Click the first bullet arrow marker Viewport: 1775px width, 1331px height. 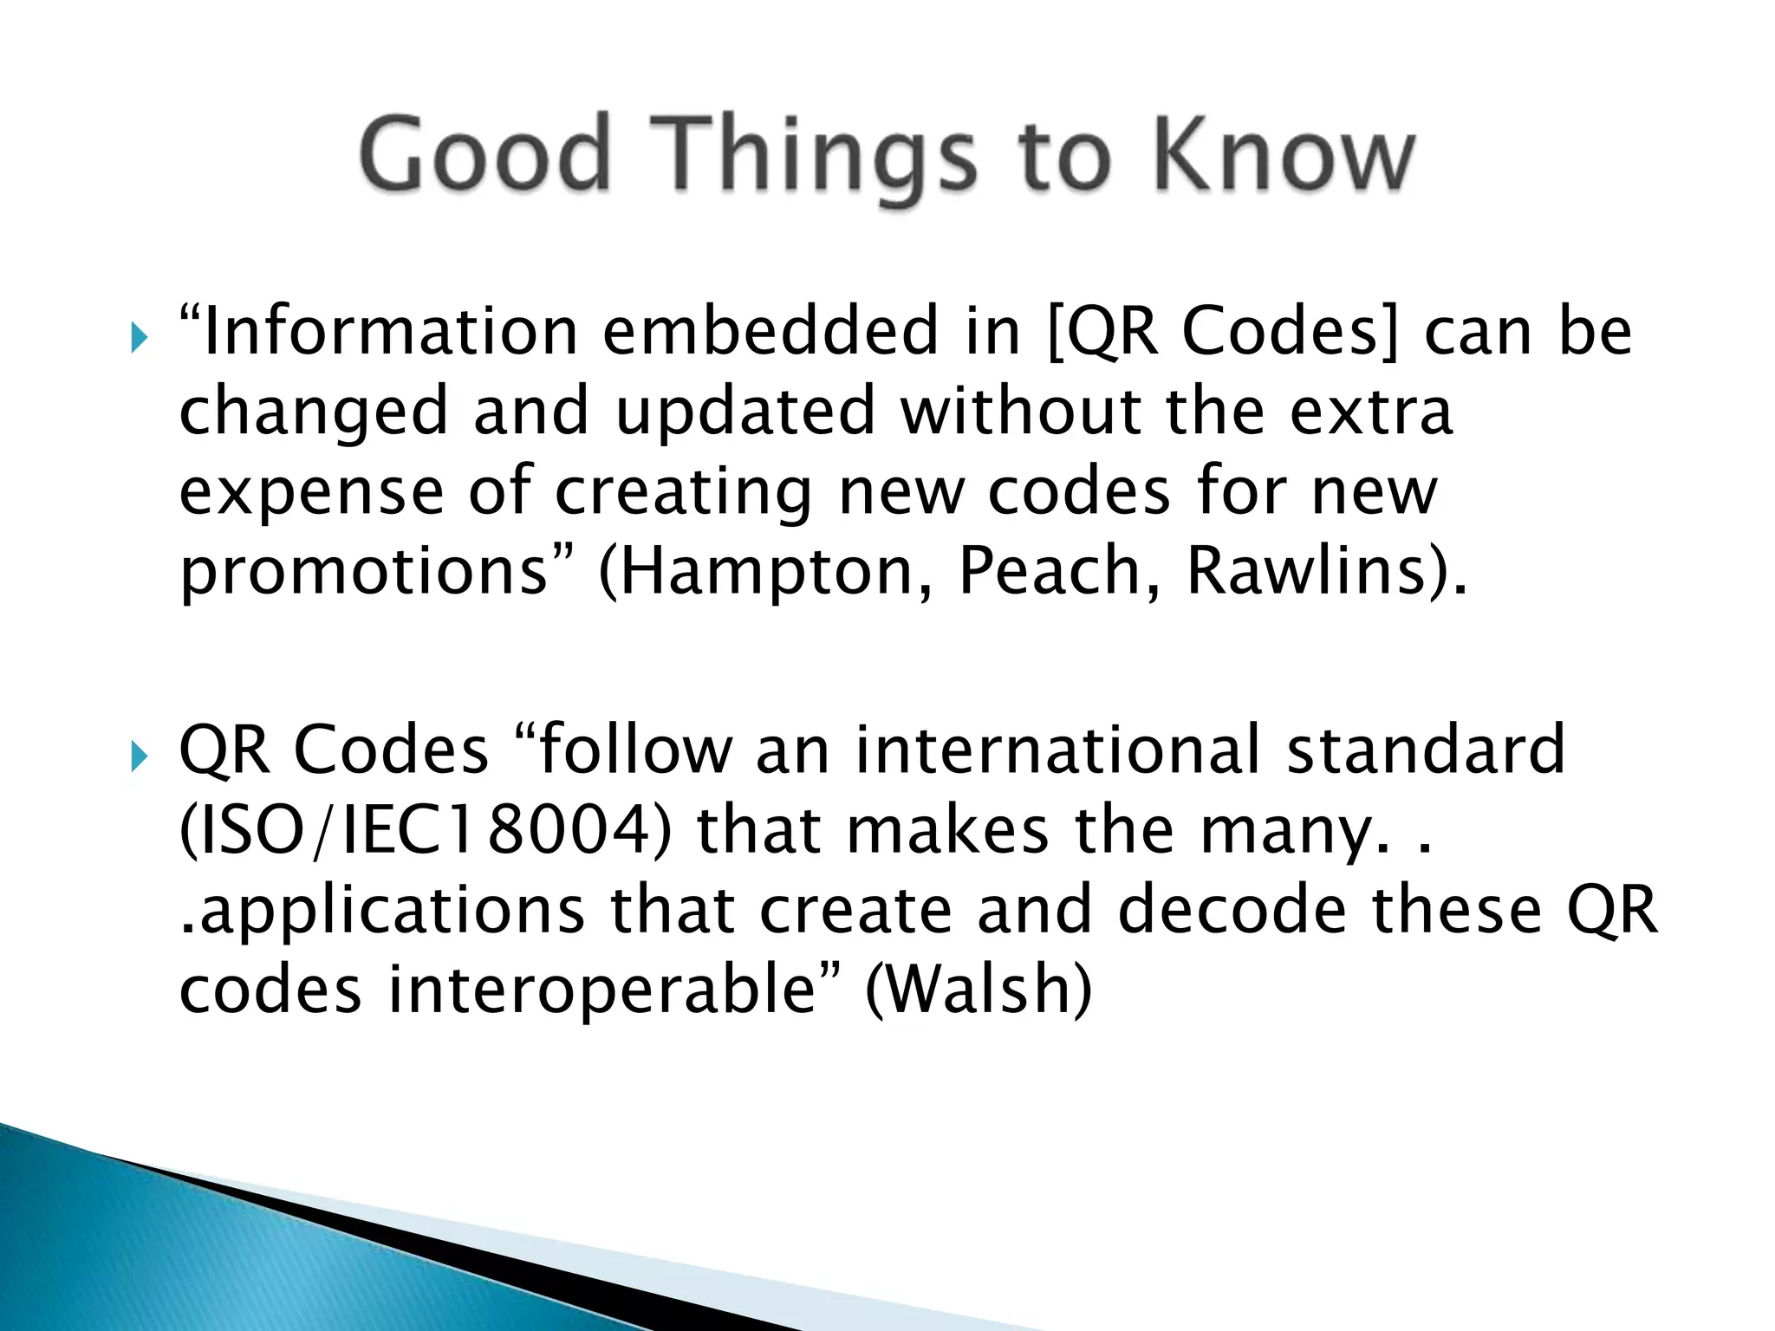139,338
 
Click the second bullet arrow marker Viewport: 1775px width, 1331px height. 139,756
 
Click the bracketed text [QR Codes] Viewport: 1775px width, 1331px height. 1223,333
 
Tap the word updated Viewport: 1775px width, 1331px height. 745,412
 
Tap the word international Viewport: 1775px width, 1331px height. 1057,750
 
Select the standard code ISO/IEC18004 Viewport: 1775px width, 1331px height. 425,830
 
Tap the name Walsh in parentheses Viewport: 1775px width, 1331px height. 979,990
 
